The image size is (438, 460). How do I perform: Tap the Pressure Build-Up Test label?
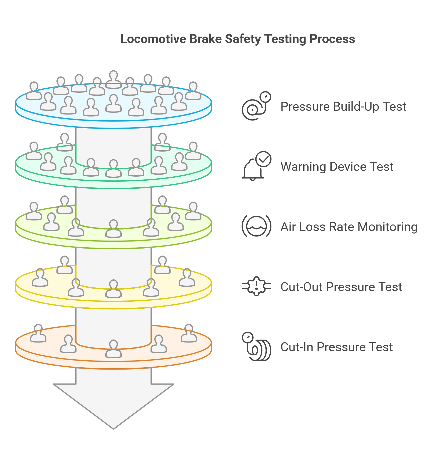[343, 106]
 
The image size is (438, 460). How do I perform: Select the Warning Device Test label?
[337, 167]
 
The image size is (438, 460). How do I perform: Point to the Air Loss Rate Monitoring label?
[349, 227]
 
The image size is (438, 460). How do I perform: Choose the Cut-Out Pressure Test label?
[341, 287]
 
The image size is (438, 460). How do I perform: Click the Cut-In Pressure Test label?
[336, 347]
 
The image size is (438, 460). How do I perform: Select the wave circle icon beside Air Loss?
[256, 226]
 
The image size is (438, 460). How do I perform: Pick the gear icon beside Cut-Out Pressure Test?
[256, 286]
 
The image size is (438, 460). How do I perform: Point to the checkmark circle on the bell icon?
[263, 159]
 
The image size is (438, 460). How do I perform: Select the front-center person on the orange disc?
[114, 349]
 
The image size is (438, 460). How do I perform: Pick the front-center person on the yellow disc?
[114, 288]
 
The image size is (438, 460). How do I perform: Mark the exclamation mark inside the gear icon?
[256, 286]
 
